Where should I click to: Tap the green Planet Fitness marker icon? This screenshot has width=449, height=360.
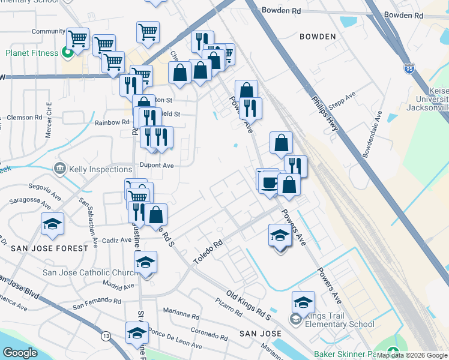click(68, 53)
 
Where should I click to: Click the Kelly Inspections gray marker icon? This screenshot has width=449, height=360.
click(60, 169)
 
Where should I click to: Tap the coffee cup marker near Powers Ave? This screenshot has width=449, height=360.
click(268, 181)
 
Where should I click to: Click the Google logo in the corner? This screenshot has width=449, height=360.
click(20, 353)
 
